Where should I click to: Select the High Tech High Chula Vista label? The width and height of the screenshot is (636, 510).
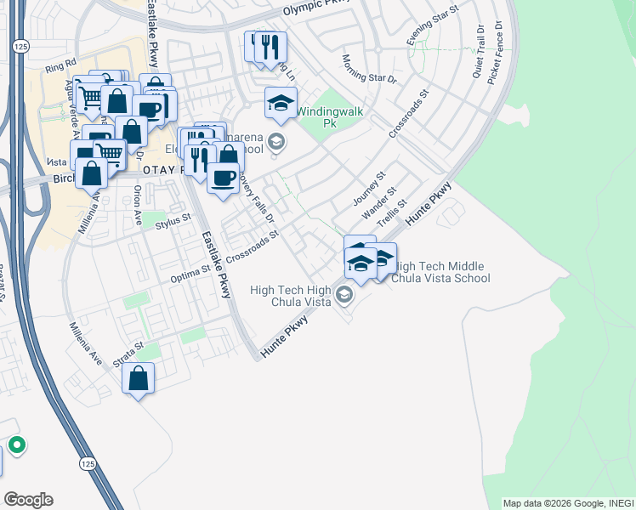pyautogui.click(x=290, y=296)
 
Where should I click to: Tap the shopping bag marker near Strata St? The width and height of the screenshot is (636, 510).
pyautogui.click(x=139, y=378)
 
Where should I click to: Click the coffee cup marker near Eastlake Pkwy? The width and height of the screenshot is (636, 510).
pyautogui.click(x=223, y=177)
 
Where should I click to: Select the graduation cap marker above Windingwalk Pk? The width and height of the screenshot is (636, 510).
pyautogui.click(x=281, y=103)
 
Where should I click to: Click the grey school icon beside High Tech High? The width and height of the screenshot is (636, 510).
pyautogui.click(x=344, y=296)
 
